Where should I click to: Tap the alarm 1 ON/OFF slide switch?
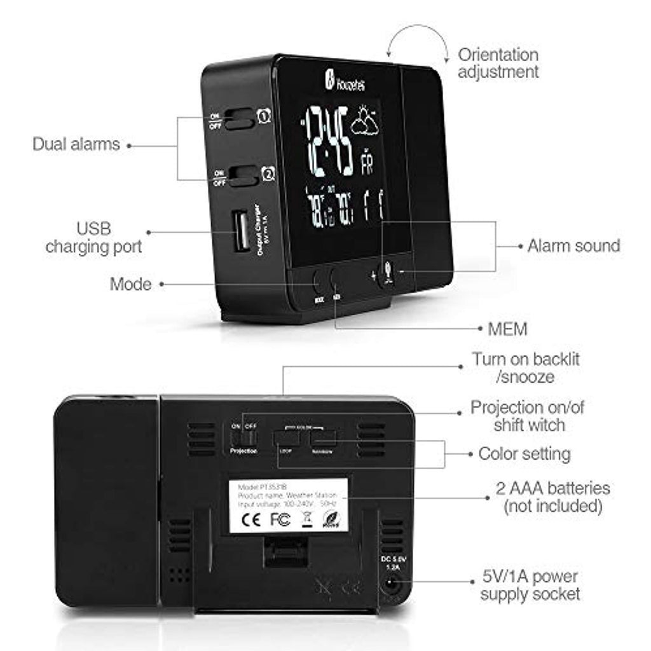pos(238,119)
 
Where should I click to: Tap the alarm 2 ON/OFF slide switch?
pos(242,176)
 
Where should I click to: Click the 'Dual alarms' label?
pos(76,144)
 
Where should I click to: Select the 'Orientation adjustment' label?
pos(498,63)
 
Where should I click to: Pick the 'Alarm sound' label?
pos(573,246)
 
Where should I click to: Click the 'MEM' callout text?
pos(508,329)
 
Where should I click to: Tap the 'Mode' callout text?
pos(130,284)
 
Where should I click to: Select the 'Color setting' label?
pos(524,454)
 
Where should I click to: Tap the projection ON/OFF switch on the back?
pos(244,437)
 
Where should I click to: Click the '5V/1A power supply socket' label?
pos(530,586)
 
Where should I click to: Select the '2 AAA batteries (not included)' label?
pos(552,497)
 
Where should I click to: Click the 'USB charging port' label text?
pos(93,236)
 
